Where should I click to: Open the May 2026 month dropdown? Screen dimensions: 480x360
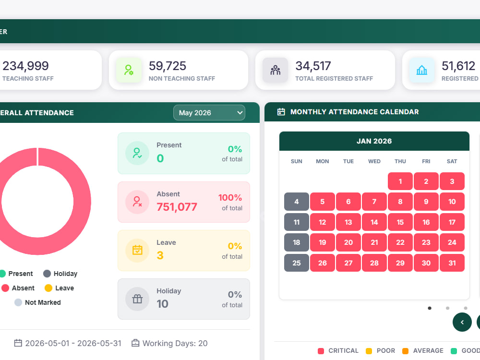(x=209, y=113)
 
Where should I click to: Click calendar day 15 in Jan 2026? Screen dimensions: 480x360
(x=400, y=222)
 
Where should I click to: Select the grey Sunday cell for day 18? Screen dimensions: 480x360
(x=296, y=242)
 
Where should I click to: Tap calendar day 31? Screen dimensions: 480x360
(x=452, y=263)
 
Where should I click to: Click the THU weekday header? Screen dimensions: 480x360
(x=400, y=161)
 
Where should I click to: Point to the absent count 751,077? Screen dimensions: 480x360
(x=177, y=207)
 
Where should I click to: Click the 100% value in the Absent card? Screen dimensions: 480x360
(x=230, y=197)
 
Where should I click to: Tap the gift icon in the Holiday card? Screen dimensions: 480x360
(x=137, y=299)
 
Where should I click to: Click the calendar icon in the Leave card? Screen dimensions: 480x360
(x=137, y=250)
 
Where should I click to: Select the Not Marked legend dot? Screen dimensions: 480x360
(x=18, y=302)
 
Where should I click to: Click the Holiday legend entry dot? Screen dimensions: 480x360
(x=47, y=274)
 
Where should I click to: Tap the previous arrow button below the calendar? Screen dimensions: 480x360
(x=462, y=322)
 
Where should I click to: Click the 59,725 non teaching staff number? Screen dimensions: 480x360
(x=168, y=66)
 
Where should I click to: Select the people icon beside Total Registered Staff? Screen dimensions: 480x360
(x=275, y=70)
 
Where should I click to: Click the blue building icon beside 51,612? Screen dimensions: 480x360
(x=421, y=70)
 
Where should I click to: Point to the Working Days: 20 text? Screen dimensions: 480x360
(x=175, y=344)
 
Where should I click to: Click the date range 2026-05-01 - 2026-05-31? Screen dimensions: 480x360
(x=73, y=344)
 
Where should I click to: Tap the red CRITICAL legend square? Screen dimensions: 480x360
(x=321, y=351)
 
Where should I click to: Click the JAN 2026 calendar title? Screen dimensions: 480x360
(x=374, y=141)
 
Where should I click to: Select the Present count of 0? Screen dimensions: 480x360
(x=160, y=158)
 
